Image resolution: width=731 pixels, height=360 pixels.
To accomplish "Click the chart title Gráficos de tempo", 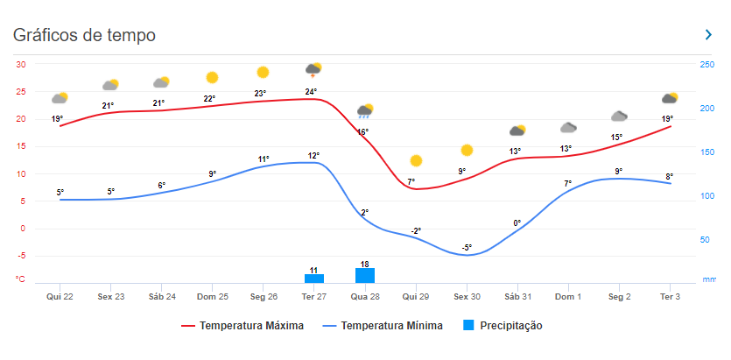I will (x=84, y=35).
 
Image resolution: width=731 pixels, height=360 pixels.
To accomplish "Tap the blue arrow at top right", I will (x=708, y=34).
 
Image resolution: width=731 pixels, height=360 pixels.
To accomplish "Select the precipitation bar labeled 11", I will (x=313, y=279).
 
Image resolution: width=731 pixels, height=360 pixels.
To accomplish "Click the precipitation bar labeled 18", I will (x=365, y=275).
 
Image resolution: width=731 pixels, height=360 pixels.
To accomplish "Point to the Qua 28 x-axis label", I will (x=365, y=297).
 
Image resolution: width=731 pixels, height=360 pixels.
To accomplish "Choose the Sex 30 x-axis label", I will (x=467, y=297).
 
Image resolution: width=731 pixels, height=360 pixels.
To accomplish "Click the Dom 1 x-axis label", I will (x=568, y=297).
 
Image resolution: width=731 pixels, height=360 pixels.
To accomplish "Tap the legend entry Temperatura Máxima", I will (x=242, y=326).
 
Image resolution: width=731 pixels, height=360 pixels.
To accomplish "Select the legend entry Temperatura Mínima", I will (x=383, y=326).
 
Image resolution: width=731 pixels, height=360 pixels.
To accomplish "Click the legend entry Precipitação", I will (x=503, y=326).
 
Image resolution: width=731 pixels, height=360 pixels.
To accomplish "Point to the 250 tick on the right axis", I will (x=706, y=65).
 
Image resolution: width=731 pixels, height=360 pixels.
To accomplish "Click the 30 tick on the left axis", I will (x=20, y=65).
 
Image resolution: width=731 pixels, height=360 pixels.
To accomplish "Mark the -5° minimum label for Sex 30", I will (x=467, y=247).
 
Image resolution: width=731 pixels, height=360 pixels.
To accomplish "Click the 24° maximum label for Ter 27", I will (x=311, y=91).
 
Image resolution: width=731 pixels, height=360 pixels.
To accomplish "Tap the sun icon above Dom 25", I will (x=212, y=78).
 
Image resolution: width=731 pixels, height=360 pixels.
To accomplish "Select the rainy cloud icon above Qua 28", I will (x=365, y=111).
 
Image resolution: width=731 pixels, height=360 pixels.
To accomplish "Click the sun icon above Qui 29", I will (x=416, y=160).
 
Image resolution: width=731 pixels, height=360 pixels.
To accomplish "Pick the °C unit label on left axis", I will (x=20, y=279).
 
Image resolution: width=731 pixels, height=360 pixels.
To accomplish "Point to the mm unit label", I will (x=708, y=280).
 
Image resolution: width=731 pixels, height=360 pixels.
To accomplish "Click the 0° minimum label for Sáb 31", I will (x=517, y=222).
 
